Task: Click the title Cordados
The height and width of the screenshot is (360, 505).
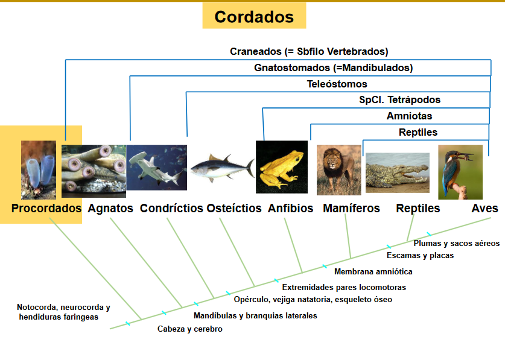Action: coord(254,16)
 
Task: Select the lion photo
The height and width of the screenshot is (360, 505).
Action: coord(338,170)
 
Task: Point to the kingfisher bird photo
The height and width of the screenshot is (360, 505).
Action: coord(460,172)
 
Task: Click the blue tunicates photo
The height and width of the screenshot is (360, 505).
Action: coord(39,170)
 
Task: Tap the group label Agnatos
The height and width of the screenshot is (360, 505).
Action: coord(110,209)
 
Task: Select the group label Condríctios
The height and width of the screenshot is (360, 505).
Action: coord(171,209)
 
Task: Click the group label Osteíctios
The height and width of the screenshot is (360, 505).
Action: coord(234,209)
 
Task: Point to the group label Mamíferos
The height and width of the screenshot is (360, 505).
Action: coord(351,209)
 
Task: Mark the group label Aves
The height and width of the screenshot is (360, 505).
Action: coord(484,209)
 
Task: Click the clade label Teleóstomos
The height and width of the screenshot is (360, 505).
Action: coord(337,84)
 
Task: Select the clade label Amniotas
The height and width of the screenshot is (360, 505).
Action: coord(409,116)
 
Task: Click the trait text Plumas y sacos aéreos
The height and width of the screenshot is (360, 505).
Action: coord(456,244)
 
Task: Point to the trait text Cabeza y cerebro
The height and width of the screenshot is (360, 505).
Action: coord(189,329)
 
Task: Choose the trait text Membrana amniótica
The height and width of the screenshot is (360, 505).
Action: coord(373,272)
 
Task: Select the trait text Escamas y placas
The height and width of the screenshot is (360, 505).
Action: coord(420,256)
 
